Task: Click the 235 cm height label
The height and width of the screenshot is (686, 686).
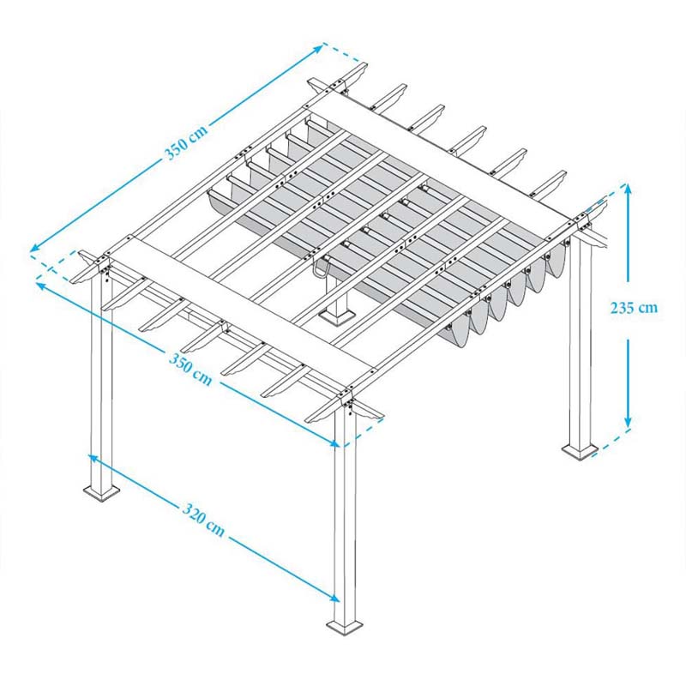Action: (x=634, y=308)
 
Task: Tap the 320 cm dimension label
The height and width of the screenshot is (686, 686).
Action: (x=203, y=520)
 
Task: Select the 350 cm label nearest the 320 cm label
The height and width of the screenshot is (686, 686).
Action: (x=190, y=370)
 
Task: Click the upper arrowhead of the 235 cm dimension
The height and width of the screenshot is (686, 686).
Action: (x=628, y=190)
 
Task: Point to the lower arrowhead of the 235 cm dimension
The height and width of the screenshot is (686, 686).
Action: (x=628, y=423)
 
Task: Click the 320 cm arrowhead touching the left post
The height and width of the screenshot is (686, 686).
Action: (x=93, y=458)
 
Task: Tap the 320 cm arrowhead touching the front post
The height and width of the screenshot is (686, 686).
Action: (x=334, y=598)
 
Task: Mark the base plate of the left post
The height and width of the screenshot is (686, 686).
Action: (x=101, y=492)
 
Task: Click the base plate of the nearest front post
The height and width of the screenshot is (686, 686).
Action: (x=345, y=627)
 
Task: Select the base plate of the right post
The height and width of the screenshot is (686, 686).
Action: (x=580, y=451)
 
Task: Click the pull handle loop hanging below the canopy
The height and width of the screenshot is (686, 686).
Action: (x=321, y=268)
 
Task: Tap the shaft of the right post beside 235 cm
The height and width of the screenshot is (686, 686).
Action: (x=581, y=341)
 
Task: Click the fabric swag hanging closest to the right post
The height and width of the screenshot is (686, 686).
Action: (x=556, y=261)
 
